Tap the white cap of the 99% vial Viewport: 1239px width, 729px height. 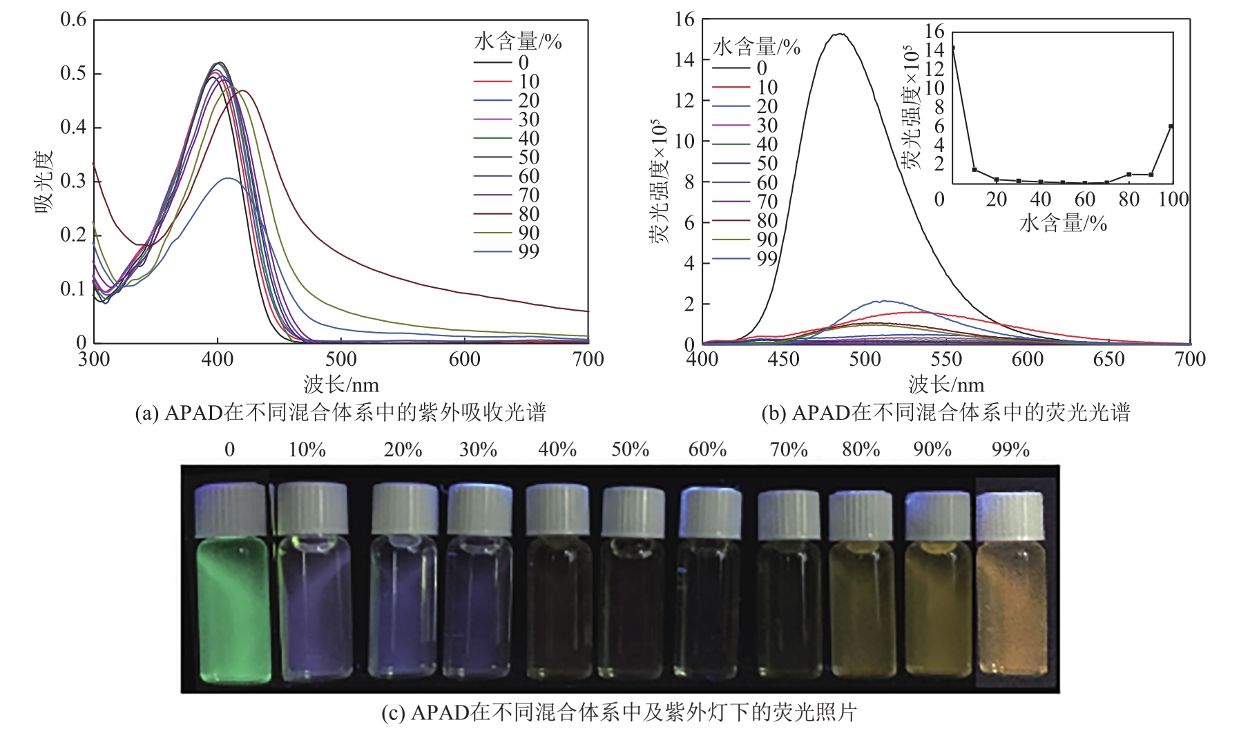tap(1010, 516)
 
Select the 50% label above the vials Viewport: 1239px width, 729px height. tap(630, 450)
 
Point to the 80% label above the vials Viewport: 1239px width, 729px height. tap(861, 450)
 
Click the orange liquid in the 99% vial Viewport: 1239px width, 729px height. tap(1011, 607)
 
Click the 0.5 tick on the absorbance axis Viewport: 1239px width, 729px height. tap(73, 74)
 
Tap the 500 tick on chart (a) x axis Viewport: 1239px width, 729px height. tap(341, 359)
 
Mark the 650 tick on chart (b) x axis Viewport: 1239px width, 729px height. tap(1109, 359)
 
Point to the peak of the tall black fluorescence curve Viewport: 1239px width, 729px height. tap(840, 34)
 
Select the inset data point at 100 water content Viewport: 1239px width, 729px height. tap(1171, 126)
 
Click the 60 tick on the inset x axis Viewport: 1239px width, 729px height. tap(1085, 200)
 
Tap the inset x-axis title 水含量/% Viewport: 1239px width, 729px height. tap(1063, 223)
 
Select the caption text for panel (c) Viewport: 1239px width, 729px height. tap(619, 712)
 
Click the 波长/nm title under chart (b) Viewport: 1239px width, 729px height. tap(946, 385)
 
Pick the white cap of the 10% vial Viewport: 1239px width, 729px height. tap(312, 509)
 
